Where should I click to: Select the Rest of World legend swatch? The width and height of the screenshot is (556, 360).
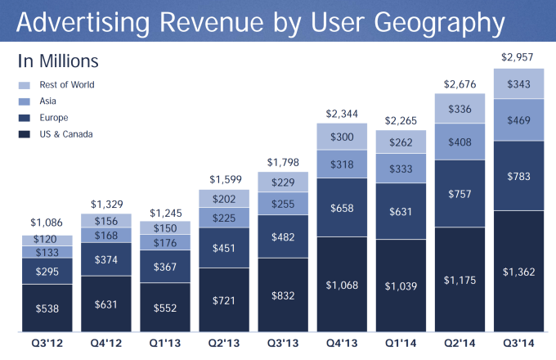(25, 84)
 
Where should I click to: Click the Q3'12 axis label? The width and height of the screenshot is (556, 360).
(48, 344)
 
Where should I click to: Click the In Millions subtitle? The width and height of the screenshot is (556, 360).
(58, 61)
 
